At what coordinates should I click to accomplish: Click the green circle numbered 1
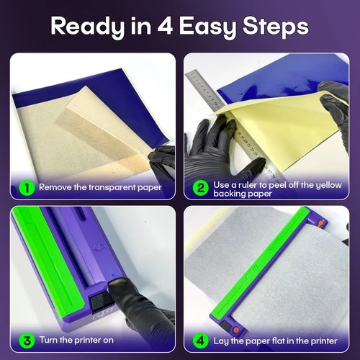27,188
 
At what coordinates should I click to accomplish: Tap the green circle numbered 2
200,189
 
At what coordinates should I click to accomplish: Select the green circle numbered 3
27,341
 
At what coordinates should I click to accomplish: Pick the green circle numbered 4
200,341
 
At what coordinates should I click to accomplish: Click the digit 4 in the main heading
165,26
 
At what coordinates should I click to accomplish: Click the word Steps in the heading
276,27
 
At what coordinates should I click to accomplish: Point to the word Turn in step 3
49,340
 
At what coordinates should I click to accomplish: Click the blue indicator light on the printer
113,275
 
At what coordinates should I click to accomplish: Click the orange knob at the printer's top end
320,223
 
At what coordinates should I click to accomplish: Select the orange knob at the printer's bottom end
236,330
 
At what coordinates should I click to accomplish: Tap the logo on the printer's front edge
103,314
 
